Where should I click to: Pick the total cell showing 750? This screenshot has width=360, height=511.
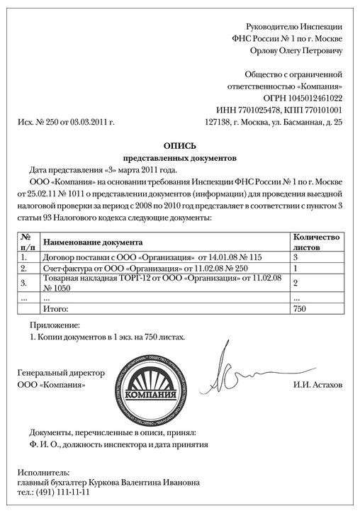[x=300, y=310]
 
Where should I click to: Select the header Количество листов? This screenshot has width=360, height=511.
[x=316, y=242]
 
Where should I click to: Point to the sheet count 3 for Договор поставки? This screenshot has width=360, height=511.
[x=296, y=257]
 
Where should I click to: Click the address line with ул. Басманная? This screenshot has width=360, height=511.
[x=273, y=123]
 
